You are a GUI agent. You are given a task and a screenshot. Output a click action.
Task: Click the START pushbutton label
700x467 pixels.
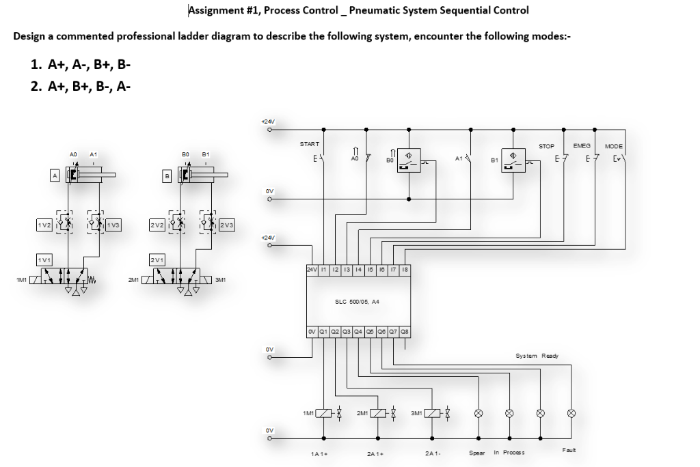tap(310, 144)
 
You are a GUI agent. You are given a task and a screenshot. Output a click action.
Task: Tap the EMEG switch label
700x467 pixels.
tap(582, 145)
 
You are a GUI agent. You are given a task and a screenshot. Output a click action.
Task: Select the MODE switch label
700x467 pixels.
tap(613, 145)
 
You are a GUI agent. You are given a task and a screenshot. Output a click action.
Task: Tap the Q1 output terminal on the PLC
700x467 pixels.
tap(325, 334)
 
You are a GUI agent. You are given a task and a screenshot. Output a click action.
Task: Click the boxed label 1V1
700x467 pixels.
tap(44, 259)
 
